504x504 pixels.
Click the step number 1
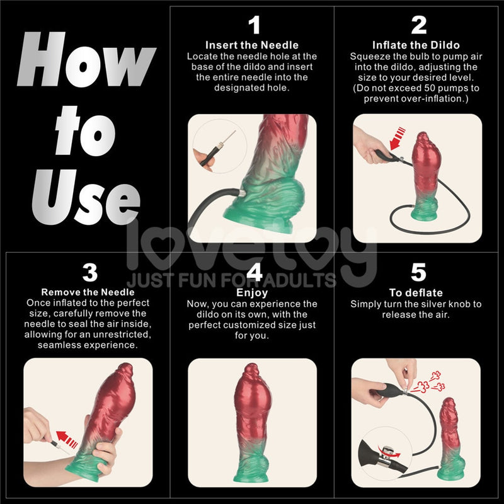click(x=254, y=26)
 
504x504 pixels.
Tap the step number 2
click(x=419, y=26)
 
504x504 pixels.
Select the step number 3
click(x=89, y=272)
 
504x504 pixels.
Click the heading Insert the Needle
click(x=252, y=45)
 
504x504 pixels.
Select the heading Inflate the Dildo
click(x=416, y=45)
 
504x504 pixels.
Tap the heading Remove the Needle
click(x=88, y=292)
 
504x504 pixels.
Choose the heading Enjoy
click(x=252, y=293)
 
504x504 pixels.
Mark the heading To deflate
click(x=416, y=293)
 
